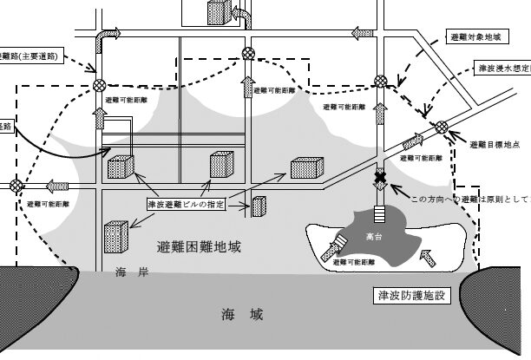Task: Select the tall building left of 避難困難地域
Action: (x=116, y=235)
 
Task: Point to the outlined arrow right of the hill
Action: (x=427, y=255)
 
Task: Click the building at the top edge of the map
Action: (x=217, y=12)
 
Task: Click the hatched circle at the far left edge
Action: (x=16, y=184)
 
